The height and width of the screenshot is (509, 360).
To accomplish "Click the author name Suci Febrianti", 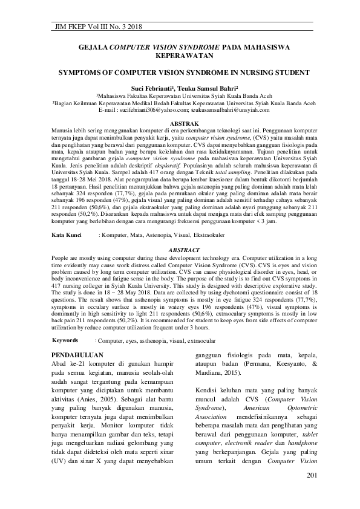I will [154, 88].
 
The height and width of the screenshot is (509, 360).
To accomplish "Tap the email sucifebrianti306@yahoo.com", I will [149, 111].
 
